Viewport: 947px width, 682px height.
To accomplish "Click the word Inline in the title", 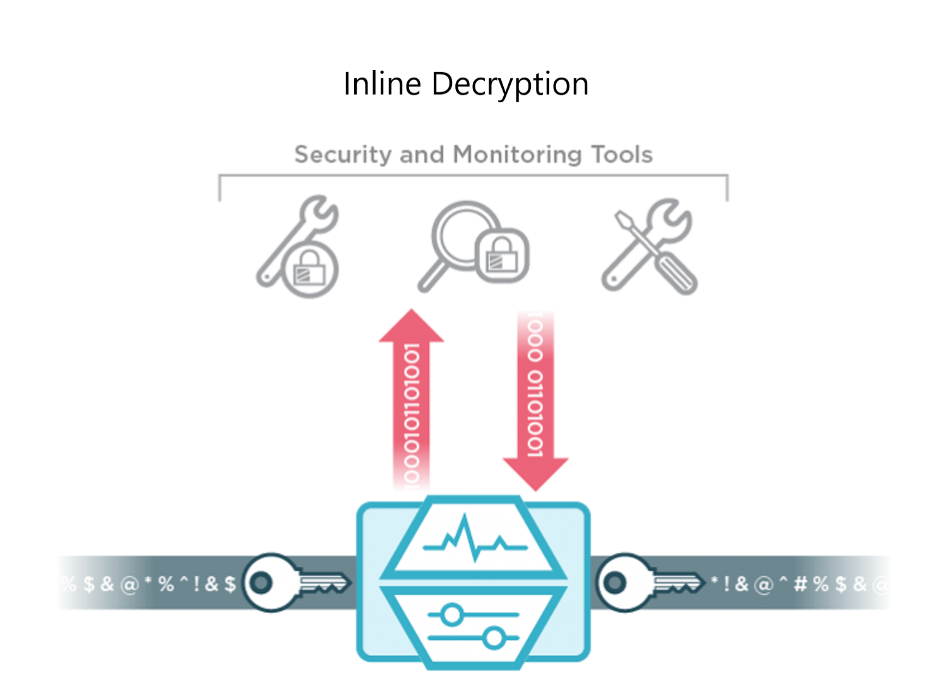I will [x=382, y=84].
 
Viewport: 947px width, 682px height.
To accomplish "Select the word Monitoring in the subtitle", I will [x=517, y=155].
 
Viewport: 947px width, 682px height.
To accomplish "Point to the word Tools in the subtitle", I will [x=622, y=155].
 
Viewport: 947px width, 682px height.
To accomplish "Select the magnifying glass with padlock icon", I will [x=473, y=246].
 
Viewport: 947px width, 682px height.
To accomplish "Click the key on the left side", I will [x=294, y=582].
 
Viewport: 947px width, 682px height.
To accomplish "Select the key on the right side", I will [x=647, y=582].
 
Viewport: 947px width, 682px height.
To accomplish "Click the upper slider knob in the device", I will [x=451, y=614].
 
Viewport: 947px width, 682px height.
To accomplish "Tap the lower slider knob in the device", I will [x=494, y=638].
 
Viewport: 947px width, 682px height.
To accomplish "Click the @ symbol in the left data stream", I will [x=129, y=584].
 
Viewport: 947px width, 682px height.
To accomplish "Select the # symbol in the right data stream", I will [x=801, y=584].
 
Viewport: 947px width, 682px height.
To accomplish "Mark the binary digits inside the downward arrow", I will [x=535, y=385].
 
